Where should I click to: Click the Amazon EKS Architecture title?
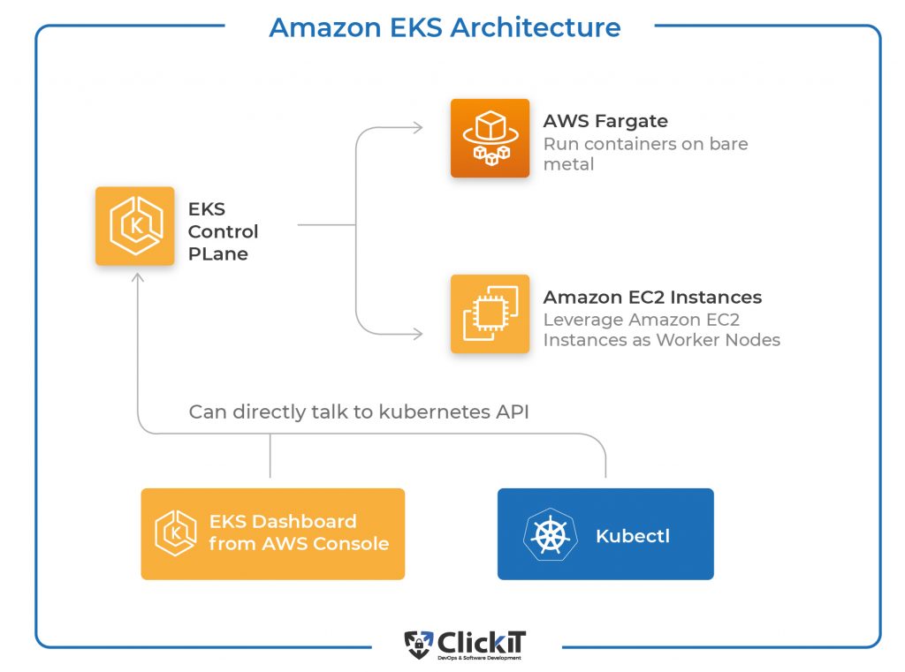click(x=445, y=27)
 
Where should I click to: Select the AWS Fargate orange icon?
click(x=490, y=138)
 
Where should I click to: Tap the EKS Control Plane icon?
click(x=135, y=226)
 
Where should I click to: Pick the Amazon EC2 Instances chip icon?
click(x=490, y=313)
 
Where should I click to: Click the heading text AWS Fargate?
click(x=605, y=121)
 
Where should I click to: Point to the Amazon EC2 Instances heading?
click(x=652, y=297)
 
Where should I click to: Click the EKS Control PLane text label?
click(x=223, y=231)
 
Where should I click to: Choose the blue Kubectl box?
click(x=605, y=534)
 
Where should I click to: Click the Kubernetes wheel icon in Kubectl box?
click(x=550, y=535)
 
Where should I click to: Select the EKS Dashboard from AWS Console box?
click(x=273, y=534)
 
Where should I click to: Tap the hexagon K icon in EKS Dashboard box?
click(x=176, y=533)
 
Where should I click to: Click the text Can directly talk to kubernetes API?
click(x=359, y=412)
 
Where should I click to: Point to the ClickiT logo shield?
click(x=418, y=645)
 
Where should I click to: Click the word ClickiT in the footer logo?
click(x=482, y=642)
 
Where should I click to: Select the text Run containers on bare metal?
click(x=645, y=154)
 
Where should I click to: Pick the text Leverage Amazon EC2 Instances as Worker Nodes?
click(x=661, y=329)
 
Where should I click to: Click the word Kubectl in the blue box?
click(x=633, y=536)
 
